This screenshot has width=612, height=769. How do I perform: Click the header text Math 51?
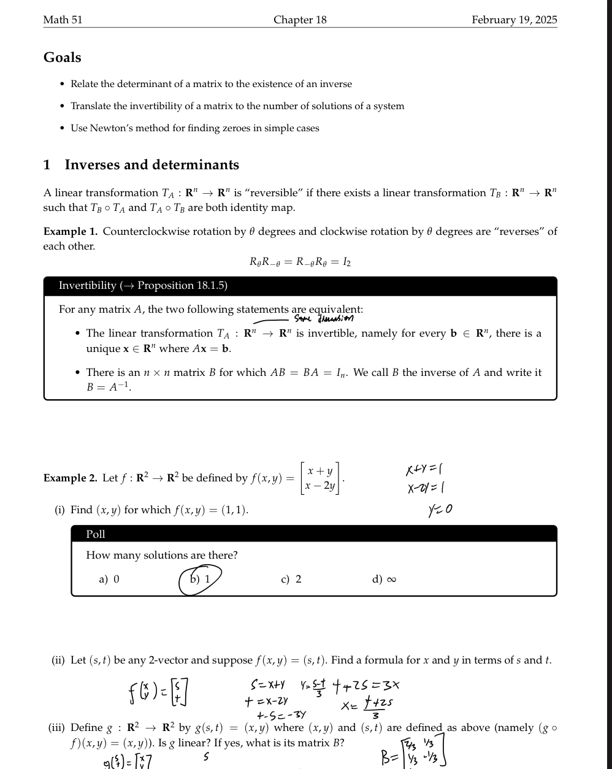click(x=63, y=20)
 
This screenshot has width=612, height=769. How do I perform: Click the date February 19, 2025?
click(x=514, y=20)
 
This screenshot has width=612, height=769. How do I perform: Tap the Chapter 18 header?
click(x=300, y=20)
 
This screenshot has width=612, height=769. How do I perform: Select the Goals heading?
click(x=62, y=58)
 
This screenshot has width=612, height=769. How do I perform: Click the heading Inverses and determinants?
click(x=151, y=165)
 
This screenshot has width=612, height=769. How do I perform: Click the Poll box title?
click(x=96, y=534)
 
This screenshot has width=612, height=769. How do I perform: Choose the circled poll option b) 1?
click(x=200, y=580)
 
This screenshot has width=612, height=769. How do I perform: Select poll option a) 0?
click(x=109, y=580)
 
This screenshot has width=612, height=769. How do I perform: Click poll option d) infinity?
click(x=384, y=580)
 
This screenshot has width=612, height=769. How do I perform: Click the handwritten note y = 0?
click(x=440, y=510)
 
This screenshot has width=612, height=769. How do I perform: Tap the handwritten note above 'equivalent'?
click(x=323, y=318)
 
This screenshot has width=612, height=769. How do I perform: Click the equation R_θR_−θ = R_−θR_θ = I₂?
click(x=300, y=262)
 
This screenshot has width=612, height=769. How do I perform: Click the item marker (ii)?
click(x=58, y=660)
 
